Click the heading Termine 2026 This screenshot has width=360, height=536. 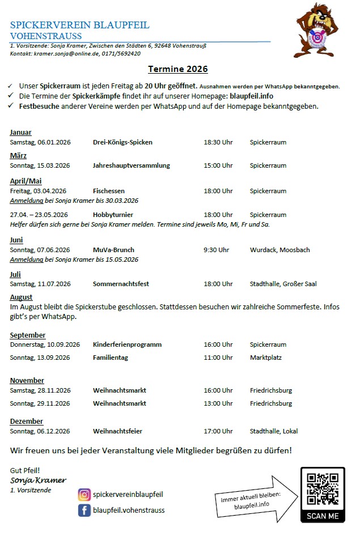[x=178, y=69]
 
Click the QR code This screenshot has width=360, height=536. [x=322, y=489]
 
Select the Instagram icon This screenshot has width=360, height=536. [x=84, y=495]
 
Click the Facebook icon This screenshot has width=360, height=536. [x=84, y=510]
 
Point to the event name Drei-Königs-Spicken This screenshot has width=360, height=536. [x=122, y=142]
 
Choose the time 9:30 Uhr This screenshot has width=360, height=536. [x=216, y=250]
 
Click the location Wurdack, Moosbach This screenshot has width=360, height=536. [x=279, y=250]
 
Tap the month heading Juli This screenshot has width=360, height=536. [x=15, y=274]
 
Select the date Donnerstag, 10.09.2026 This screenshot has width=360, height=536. [x=45, y=344]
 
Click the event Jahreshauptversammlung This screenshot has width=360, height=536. [x=132, y=165]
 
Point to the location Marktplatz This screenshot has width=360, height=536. [x=266, y=358]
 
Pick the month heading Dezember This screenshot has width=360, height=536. [x=27, y=422]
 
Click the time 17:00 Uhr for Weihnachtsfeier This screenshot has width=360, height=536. [x=218, y=431]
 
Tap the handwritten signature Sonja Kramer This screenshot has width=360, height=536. [x=38, y=480]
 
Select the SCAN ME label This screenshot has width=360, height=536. [x=322, y=516]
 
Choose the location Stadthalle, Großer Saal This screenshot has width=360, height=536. [x=283, y=284]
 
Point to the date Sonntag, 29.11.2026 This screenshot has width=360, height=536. [x=40, y=403]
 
